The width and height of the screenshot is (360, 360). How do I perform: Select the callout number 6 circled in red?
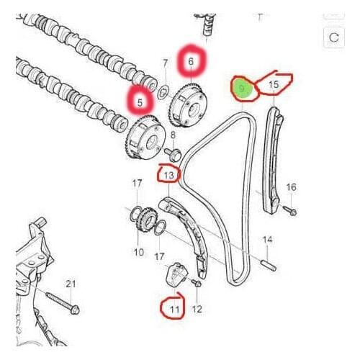191,63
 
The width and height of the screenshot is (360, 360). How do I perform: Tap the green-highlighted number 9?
243,88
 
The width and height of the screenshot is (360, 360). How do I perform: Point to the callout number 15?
273,85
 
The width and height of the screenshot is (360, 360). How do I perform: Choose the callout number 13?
168,174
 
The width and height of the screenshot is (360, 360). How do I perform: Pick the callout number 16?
292,187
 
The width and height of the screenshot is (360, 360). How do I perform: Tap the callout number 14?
267,239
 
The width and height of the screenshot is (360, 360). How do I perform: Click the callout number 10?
139,252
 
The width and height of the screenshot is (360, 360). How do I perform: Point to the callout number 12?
197,309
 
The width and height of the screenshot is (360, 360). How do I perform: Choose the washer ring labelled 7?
163,91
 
